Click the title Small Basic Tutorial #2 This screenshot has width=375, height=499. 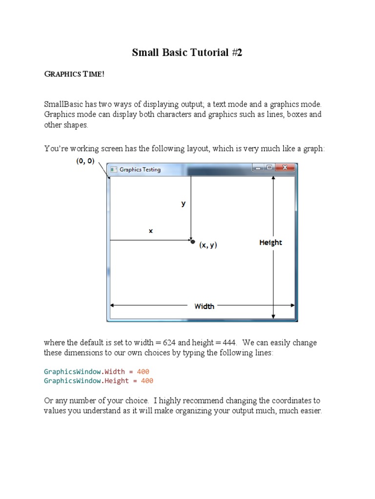187,53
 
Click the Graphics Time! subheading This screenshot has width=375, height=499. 74,74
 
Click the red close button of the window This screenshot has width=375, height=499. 285,168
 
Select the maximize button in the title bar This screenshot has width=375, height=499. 269,168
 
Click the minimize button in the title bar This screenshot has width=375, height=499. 258,168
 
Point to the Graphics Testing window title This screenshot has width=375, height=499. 140,170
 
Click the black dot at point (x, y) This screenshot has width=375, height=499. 193,241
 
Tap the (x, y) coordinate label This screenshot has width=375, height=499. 208,245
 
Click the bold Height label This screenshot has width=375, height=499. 271,242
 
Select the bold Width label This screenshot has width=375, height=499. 204,306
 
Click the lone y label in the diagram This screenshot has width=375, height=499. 184,204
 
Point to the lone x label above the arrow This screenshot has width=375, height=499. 151,231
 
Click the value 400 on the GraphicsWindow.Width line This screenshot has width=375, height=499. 143,371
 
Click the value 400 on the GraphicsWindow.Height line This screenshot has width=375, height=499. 147,381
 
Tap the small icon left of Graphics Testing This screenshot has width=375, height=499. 113,170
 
